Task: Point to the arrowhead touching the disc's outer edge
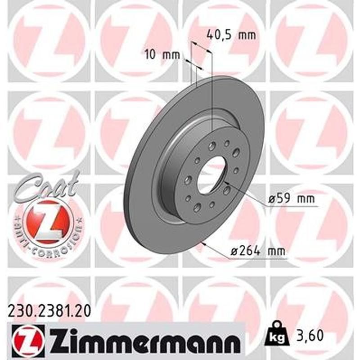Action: coord(205,244)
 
